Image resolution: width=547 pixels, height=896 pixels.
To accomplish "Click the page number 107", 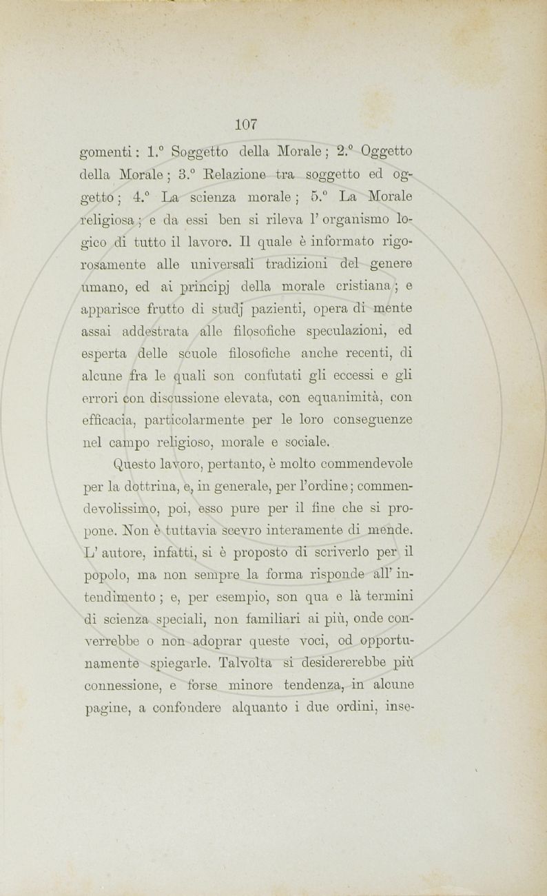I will tap(246, 125).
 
